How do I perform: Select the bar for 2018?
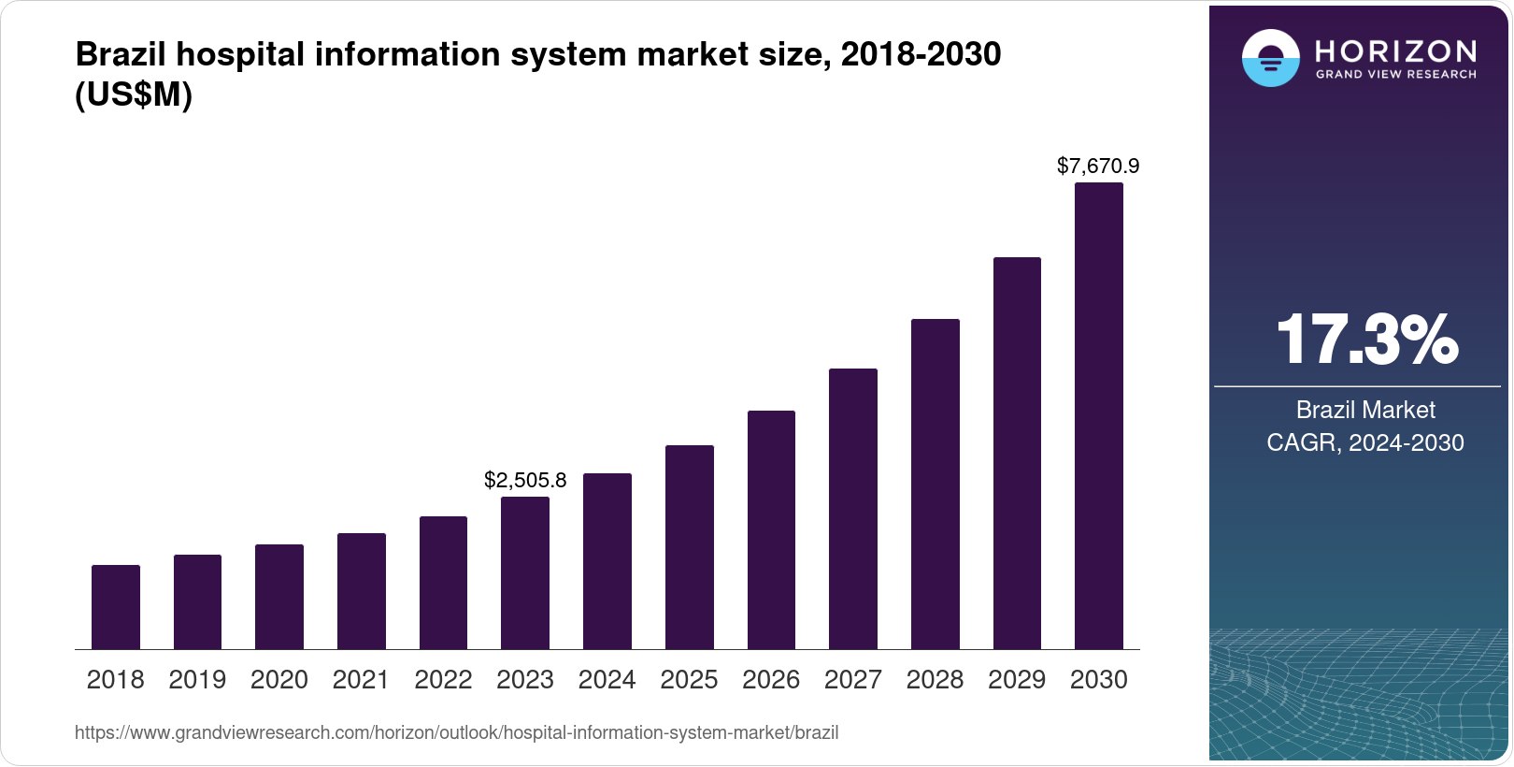coord(116,607)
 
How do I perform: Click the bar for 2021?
coord(362,591)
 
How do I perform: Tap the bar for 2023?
coord(525,572)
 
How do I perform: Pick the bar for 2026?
coord(771,529)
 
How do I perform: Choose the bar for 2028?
coord(935,484)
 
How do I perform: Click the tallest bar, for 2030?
coord(1098,415)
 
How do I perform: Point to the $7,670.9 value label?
coord(1098,166)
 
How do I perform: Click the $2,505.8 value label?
coord(525,481)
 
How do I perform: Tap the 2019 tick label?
coord(197,680)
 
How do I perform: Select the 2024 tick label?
coord(607,680)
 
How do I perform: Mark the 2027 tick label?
coord(852,680)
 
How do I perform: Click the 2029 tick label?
coord(1017,680)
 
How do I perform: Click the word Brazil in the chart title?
coord(121,55)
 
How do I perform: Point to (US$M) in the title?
coord(134,95)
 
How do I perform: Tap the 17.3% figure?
coord(1365,340)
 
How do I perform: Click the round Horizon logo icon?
coord(1270,58)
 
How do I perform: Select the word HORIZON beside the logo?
coord(1395,51)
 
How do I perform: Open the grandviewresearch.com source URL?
coord(456,733)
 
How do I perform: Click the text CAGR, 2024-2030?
coord(1364,442)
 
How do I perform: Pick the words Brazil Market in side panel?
coord(1364,410)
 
